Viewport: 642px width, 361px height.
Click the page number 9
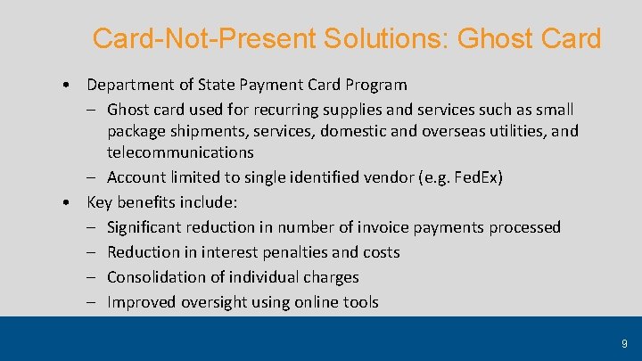[x=624, y=342]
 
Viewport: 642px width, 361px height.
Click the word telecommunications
[x=181, y=152]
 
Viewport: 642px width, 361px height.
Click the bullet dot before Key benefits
[x=69, y=202]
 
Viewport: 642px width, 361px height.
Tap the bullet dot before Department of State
[x=69, y=85]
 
